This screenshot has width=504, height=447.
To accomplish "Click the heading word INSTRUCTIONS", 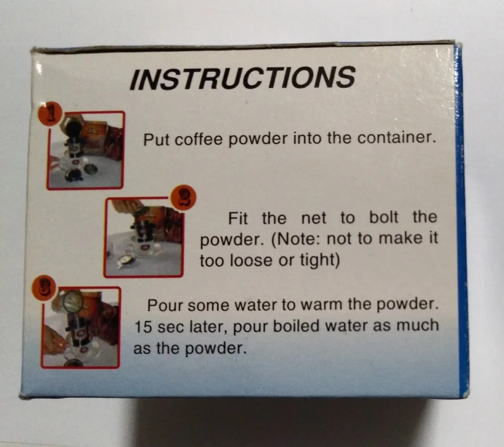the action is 243,77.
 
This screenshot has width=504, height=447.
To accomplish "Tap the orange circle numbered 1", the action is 50,114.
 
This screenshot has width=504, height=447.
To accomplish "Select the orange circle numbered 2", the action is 183,198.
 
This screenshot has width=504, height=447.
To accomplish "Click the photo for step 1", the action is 86,150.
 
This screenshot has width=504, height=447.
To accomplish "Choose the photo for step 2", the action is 143,238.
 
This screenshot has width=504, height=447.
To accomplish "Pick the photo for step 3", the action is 81,327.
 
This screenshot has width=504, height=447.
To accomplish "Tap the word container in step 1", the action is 397,138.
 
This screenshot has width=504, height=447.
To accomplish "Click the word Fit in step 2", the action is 238,218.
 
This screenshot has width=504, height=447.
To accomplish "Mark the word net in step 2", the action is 314,218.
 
